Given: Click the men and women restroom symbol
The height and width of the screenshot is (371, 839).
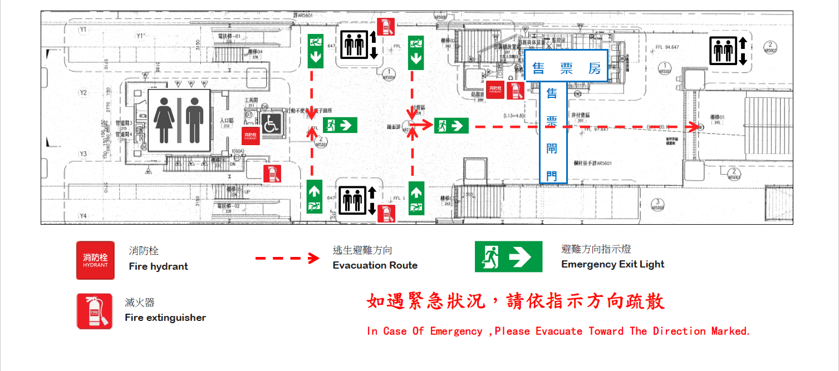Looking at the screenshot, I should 179,120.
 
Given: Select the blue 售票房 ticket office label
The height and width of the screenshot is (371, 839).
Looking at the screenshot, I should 566,68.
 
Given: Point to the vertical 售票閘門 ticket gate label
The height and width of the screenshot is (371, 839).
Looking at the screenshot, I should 552,134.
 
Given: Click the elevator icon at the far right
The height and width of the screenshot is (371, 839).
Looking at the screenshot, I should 728,51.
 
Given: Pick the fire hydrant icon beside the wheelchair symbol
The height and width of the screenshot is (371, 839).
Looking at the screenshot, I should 251,136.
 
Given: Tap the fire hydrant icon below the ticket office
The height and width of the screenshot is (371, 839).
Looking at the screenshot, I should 495,90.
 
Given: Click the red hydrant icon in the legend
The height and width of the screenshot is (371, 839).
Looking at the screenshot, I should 95,260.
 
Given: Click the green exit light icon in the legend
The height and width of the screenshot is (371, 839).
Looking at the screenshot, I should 508,257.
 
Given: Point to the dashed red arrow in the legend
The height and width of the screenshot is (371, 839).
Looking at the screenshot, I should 287,258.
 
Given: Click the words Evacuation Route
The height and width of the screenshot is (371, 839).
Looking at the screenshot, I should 375,265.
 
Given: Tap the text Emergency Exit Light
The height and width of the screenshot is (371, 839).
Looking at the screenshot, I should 612,264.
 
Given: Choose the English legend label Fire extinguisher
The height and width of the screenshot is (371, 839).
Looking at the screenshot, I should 165,318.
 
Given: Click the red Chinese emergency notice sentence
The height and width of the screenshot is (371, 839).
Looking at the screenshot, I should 516,302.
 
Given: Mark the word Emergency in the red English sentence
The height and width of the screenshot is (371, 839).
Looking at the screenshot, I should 455,332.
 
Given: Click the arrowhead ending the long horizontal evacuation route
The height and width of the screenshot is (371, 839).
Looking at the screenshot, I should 695,127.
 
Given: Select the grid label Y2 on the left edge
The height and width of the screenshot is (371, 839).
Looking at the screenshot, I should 84,92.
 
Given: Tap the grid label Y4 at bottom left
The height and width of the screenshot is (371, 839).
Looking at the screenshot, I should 84,216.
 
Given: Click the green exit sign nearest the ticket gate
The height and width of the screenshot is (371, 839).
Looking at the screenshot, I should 451,126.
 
